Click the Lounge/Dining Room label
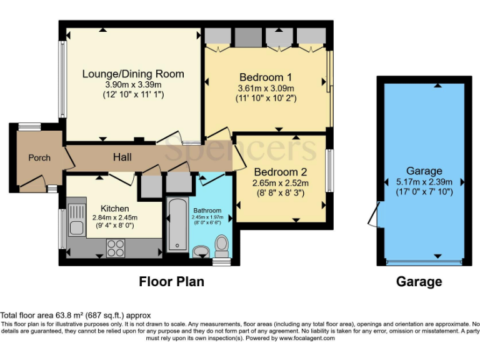133,74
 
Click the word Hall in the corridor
122,158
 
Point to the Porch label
39,157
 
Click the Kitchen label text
115,208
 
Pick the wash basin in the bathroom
201,252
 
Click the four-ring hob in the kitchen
116,248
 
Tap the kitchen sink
77,228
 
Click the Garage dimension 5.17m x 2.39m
424,181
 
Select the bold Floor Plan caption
171,282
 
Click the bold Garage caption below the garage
419,282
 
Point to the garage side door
374,216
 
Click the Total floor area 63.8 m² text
75,316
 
